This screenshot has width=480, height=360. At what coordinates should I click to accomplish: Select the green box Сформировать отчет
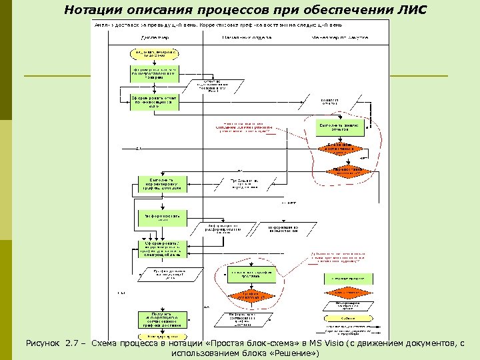[153, 101]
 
